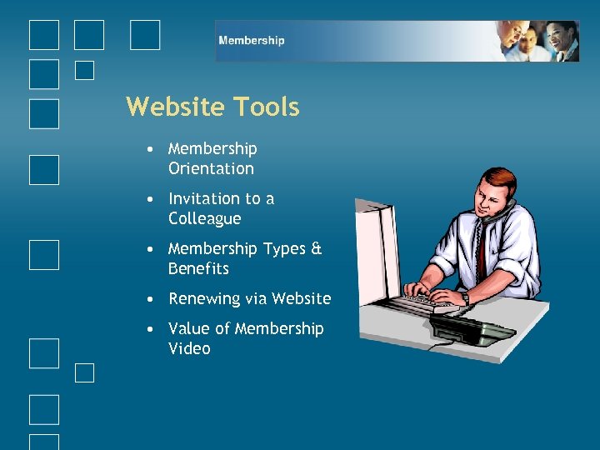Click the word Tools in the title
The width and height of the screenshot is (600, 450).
pyautogui.click(x=266, y=107)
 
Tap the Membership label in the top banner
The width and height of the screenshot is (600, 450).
pyautogui.click(x=251, y=40)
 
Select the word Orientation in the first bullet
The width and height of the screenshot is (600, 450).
pyautogui.click(x=211, y=168)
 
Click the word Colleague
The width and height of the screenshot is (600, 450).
pyautogui.click(x=204, y=218)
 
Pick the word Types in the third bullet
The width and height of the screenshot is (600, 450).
pyautogui.click(x=284, y=248)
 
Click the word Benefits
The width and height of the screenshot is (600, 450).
pyautogui.click(x=198, y=268)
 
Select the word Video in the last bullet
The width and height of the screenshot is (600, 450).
pyautogui.click(x=189, y=348)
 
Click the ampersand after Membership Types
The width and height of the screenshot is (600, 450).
pyautogui.click(x=316, y=248)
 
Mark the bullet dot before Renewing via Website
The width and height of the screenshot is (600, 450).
pyautogui.click(x=147, y=298)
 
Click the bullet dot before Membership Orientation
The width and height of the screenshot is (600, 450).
pyautogui.click(x=147, y=149)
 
